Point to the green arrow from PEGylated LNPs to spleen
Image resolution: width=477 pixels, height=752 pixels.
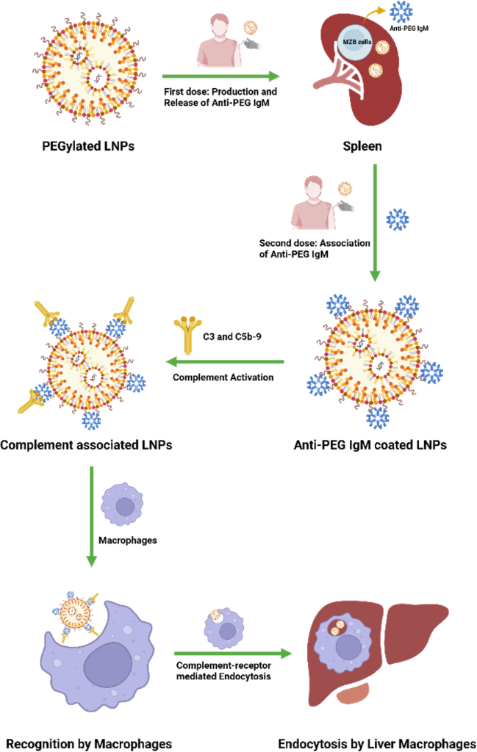(221, 76)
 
